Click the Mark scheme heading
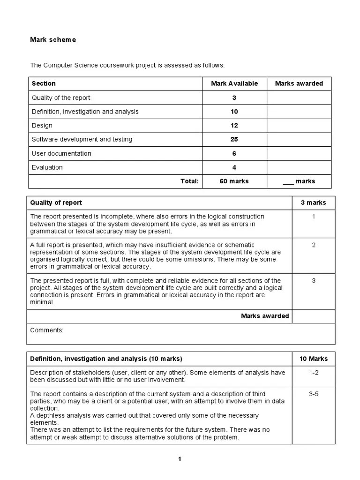coord(52,40)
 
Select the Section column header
coord(44,83)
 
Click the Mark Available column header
coord(234,83)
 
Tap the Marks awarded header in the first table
coord(299,83)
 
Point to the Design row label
coord(42,126)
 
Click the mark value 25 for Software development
coord(234,139)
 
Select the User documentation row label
coord(61,153)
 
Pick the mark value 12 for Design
coord(234,126)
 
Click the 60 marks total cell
coord(234,181)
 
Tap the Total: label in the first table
coord(190,181)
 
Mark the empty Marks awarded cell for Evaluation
coord(299,167)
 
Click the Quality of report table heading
coord(56,202)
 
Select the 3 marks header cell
coord(313,202)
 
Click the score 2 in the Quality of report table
coord(314,245)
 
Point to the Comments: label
coord(47,330)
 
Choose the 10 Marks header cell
coord(314,359)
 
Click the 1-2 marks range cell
coord(314,373)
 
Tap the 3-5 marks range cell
coord(314,394)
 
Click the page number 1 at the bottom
coord(180,459)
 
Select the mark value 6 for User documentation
coord(234,153)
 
